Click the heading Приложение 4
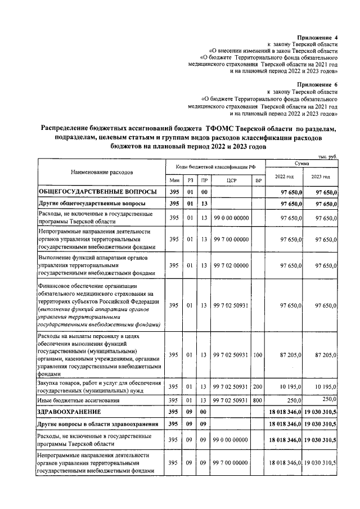(x=316, y=36)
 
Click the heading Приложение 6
(x=316, y=84)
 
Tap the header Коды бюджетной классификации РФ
(x=216, y=166)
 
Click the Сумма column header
(x=301, y=163)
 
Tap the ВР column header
(x=258, y=181)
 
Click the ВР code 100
(x=258, y=355)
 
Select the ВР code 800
(x=258, y=400)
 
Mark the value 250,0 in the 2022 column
(x=295, y=400)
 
